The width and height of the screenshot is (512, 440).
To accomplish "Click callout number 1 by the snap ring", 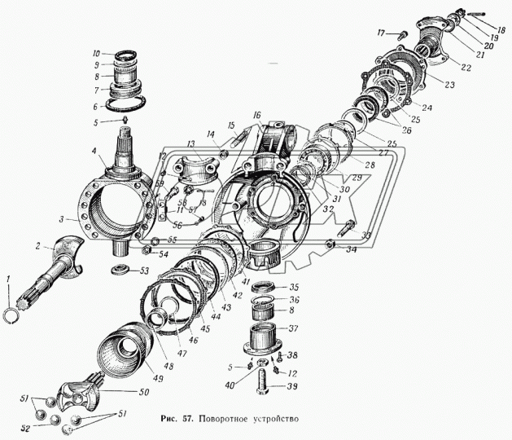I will [x=7, y=282].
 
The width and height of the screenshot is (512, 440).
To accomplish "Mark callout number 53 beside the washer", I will [x=145, y=271].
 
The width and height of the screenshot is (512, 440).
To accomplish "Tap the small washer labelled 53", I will [x=120, y=270].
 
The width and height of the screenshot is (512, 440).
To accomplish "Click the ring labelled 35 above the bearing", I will [x=263, y=287].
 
